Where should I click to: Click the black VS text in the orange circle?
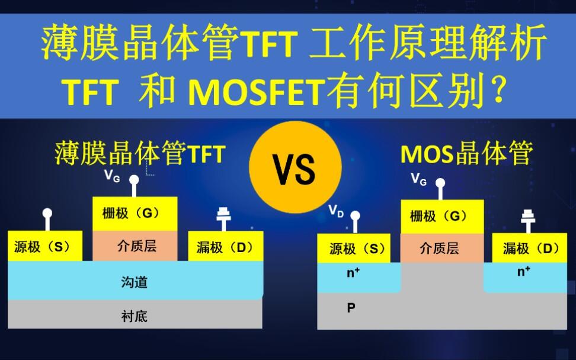tap(295, 169)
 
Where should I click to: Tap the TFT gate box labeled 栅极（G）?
tap(135, 214)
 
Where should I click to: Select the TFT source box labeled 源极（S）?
tap(45, 246)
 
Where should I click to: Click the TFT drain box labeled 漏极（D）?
tap(226, 246)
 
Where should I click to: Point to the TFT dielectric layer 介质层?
tap(135, 246)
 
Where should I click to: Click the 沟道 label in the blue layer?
tap(135, 282)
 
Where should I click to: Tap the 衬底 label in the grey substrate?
tap(135, 316)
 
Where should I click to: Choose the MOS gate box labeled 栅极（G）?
tap(442, 216)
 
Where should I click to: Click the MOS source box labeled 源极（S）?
tap(354, 249)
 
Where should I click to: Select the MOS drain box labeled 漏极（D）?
tap(529, 249)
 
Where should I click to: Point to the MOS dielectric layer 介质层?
tap(442, 249)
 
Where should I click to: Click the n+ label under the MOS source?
tap(353, 272)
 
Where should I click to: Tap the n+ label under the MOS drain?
tap(523, 271)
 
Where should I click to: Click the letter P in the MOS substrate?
tap(351, 307)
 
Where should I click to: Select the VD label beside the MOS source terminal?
tap(336, 211)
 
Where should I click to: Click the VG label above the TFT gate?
tap(112, 176)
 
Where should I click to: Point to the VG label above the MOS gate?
tap(419, 179)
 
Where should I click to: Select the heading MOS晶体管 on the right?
tap(466, 154)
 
